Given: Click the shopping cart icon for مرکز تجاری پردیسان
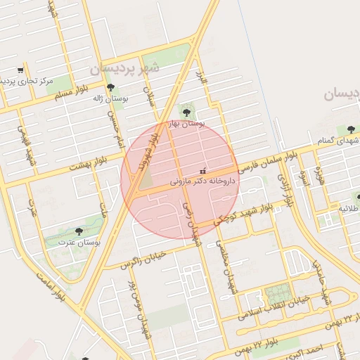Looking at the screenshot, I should click(20, 70).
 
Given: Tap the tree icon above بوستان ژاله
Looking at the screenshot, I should click(110, 87).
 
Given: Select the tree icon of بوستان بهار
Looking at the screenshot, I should click(186, 112).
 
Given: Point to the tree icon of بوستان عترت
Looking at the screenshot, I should click(78, 231).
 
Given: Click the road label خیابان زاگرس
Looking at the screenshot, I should click(143, 258).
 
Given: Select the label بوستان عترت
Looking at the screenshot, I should click(78, 242).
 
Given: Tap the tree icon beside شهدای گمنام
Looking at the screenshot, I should click(350, 129).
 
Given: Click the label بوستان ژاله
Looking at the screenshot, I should click(110, 98).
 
